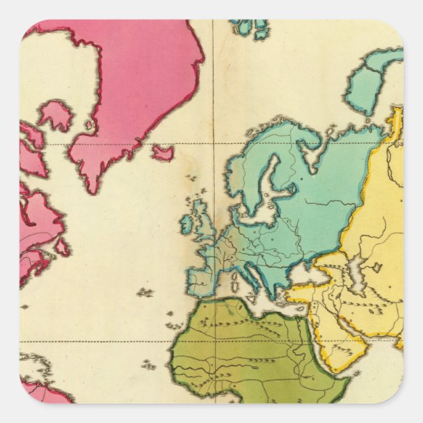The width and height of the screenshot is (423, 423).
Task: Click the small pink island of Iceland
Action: point(163,153)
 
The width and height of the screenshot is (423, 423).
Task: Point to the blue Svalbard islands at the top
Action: point(251,28)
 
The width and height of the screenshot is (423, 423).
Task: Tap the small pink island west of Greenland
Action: point(55,115)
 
